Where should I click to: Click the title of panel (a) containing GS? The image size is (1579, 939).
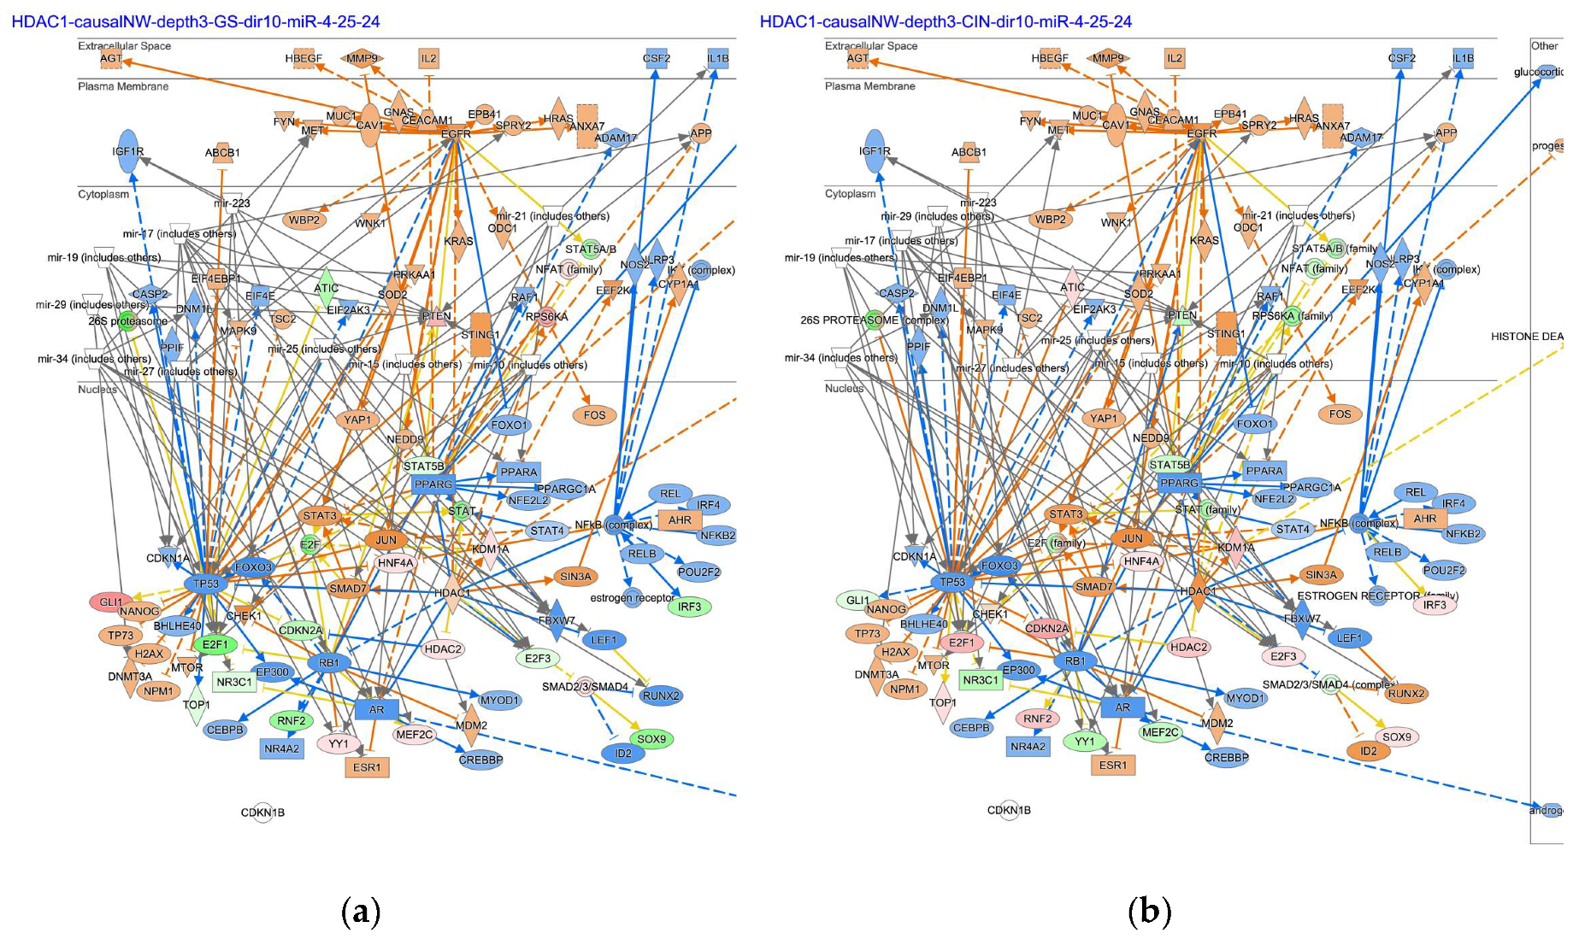pyautogui.click(x=195, y=21)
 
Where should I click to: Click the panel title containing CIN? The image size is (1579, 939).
pyautogui.click(x=945, y=21)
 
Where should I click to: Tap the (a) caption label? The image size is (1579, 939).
pyautogui.click(x=360, y=911)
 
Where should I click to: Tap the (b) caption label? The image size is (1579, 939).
pyautogui.click(x=1149, y=911)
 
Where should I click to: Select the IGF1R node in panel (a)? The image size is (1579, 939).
pyautogui.click(x=127, y=151)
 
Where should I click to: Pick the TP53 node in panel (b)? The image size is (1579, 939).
pyautogui.click(x=952, y=582)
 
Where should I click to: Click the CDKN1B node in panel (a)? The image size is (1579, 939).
pyautogui.click(x=262, y=812)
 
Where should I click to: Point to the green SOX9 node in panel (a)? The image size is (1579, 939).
pyautogui.click(x=651, y=739)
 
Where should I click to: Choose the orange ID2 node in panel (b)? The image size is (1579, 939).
pyautogui.click(x=1369, y=751)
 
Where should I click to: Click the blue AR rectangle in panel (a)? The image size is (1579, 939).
pyautogui.click(x=377, y=709)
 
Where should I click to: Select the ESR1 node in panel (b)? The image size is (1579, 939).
pyautogui.click(x=1113, y=765)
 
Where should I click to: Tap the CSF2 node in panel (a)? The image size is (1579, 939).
pyautogui.click(x=657, y=58)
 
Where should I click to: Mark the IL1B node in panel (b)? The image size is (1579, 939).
pyautogui.click(x=1464, y=58)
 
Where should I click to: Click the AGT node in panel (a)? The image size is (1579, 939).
pyautogui.click(x=111, y=59)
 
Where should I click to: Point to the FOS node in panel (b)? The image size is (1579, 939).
pyautogui.click(x=1340, y=414)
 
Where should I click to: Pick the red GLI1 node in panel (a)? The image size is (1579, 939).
pyautogui.click(x=110, y=602)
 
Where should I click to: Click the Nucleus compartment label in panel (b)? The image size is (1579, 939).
pyautogui.click(x=844, y=388)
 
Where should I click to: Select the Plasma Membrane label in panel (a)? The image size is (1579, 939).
pyautogui.click(x=123, y=86)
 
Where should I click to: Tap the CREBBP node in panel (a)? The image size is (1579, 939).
pyautogui.click(x=480, y=760)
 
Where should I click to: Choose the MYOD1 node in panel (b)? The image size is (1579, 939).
pyautogui.click(x=1245, y=698)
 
